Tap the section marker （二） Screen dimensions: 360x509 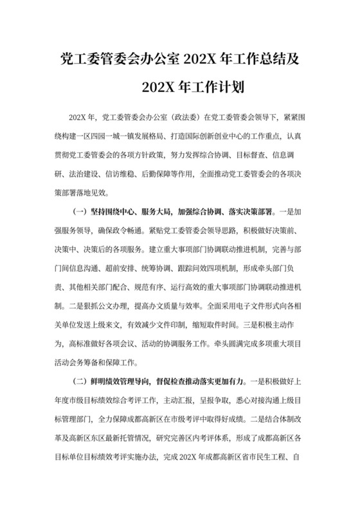77,379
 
